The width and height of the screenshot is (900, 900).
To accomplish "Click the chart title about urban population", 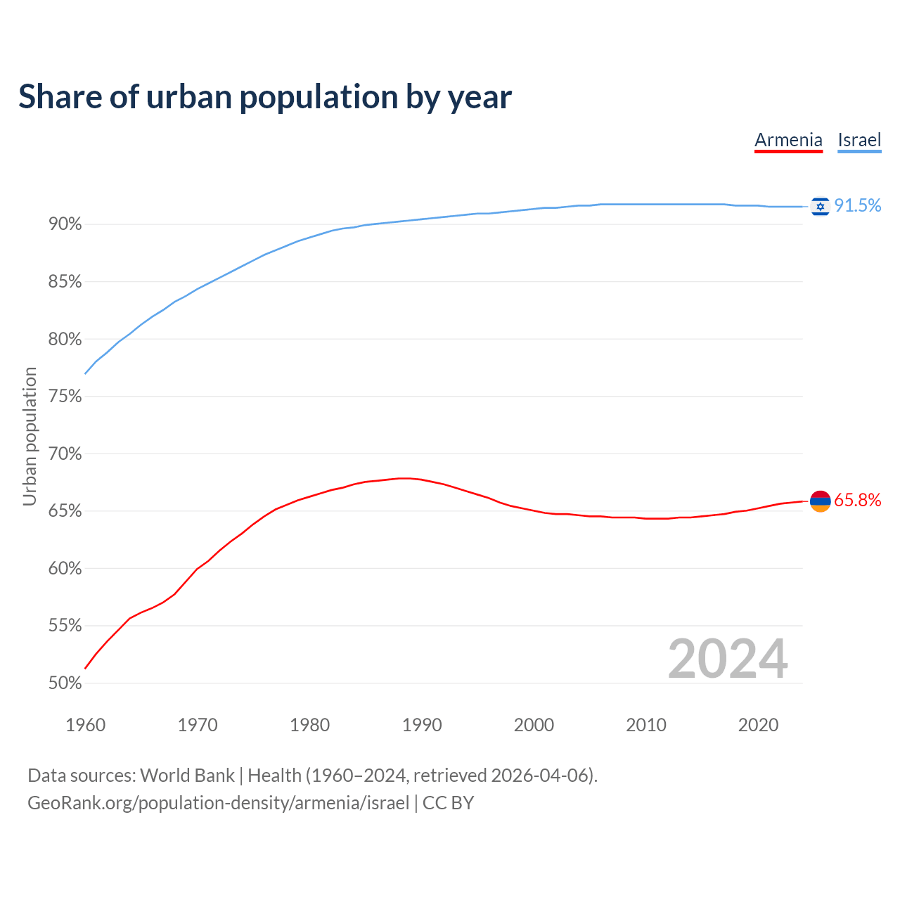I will click(265, 97).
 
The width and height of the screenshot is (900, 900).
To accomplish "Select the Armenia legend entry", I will click(788, 140).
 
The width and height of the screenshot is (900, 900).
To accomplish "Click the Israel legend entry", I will click(859, 140).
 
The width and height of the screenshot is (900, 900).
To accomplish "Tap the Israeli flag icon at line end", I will click(820, 206).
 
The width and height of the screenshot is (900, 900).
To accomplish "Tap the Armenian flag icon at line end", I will click(820, 501).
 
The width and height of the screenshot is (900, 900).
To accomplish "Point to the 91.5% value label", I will click(857, 205).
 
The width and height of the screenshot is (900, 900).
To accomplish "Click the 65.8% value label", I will click(857, 500).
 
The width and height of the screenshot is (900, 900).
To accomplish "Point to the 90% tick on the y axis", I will click(65, 224).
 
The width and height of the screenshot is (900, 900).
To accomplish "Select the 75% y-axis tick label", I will click(65, 397).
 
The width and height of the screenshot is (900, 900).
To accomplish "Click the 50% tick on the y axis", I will click(65, 683).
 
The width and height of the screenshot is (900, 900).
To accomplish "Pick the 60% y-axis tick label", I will click(65, 568).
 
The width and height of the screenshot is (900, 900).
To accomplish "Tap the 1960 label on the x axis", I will click(85, 725).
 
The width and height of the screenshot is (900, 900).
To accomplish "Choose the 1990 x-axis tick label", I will click(422, 725).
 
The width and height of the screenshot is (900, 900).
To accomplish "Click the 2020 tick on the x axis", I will click(758, 725).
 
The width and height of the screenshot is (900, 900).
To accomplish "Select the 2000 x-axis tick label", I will click(534, 725).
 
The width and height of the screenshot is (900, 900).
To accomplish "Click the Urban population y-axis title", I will click(30, 436).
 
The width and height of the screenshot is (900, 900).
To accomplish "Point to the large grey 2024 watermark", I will click(728, 659).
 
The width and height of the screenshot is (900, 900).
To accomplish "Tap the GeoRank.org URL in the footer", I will click(218, 803).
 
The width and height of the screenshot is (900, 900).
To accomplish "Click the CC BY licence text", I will click(448, 803).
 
